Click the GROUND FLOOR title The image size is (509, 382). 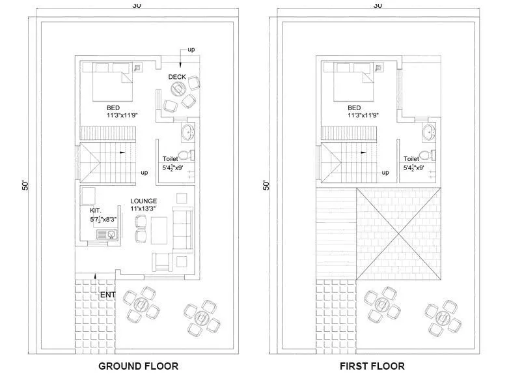coord(138,366)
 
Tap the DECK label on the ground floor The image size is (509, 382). coord(177,77)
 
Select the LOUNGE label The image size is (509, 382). coord(143,200)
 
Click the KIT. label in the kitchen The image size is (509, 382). coord(96,211)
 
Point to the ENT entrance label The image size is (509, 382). coord(107,295)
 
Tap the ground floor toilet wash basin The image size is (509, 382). coord(188,132)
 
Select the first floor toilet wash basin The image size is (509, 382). coord(429,132)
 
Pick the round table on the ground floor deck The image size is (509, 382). coord(171,106)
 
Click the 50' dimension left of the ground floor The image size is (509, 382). coord(25,185)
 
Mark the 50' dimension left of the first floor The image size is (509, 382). coord(266,185)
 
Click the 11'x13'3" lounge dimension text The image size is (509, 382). coord(143,209)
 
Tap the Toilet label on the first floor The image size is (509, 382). coord(411,158)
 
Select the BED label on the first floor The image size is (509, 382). coord(354,108)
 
